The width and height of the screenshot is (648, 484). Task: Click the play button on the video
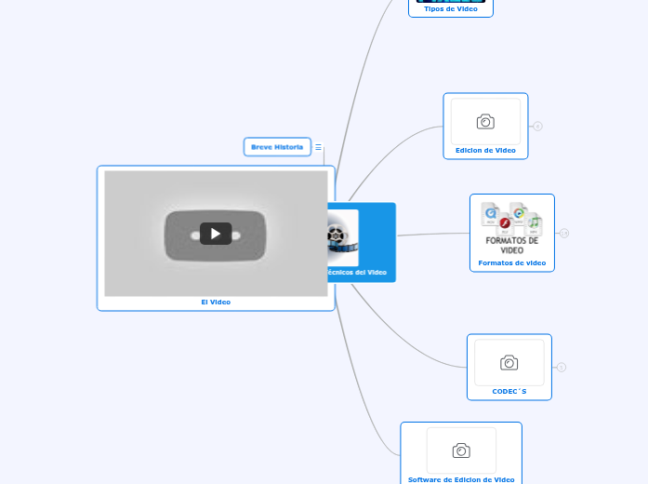(x=216, y=234)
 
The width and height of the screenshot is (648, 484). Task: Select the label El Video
(x=216, y=302)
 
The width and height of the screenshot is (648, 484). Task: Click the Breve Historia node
(x=277, y=147)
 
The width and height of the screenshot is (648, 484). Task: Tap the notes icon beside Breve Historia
(x=318, y=147)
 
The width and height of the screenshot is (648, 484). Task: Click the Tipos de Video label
(x=451, y=8)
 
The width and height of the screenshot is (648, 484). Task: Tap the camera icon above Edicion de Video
(x=485, y=122)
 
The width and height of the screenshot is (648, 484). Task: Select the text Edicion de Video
(x=485, y=150)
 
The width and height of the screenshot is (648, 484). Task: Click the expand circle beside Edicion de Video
(x=538, y=126)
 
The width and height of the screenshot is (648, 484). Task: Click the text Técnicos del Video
(x=358, y=273)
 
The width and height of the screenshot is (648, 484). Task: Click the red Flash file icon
(x=505, y=223)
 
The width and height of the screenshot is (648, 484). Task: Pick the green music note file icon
(x=534, y=223)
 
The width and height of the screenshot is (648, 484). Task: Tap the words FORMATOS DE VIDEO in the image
(x=512, y=245)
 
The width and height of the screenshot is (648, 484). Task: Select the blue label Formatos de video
(x=512, y=263)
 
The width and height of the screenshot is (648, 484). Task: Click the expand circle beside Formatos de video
(x=564, y=233)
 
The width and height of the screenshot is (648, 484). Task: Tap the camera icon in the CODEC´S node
(x=509, y=363)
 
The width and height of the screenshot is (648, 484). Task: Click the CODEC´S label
(x=509, y=392)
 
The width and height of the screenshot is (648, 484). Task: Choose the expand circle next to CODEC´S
(x=562, y=368)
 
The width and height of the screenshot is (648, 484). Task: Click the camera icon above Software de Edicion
(x=461, y=451)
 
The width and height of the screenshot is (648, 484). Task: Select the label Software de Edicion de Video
(x=461, y=479)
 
